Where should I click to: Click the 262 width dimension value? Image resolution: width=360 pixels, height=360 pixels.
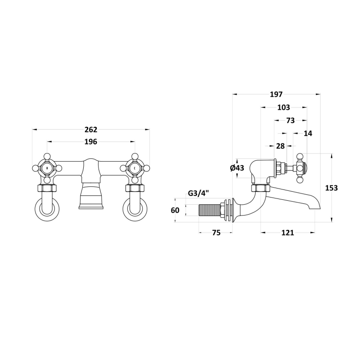point(91,130)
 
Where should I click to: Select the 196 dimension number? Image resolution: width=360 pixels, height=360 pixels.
point(91,142)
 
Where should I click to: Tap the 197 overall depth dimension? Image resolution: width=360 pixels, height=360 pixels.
point(276,94)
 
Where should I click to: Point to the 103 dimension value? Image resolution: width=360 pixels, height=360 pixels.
point(284,107)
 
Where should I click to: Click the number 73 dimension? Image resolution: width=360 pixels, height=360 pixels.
point(291,120)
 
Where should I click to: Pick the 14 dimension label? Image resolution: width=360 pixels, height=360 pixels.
point(308,133)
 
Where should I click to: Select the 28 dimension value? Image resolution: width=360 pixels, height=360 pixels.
point(280,146)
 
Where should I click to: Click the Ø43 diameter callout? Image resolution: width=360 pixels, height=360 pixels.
point(237,168)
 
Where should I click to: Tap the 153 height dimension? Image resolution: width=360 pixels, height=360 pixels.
point(332,188)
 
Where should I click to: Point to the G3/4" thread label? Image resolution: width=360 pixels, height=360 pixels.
point(198,193)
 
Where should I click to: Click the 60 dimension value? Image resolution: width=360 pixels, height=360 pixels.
point(175,210)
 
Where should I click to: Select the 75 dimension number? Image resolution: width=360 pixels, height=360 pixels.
point(216,233)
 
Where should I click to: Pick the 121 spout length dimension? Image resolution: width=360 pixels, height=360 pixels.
point(288,233)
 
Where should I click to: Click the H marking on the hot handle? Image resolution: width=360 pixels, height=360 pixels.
point(47,168)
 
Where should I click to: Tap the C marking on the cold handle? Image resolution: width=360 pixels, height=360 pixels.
point(135,168)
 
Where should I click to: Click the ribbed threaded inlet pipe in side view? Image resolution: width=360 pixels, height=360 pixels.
point(209,210)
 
